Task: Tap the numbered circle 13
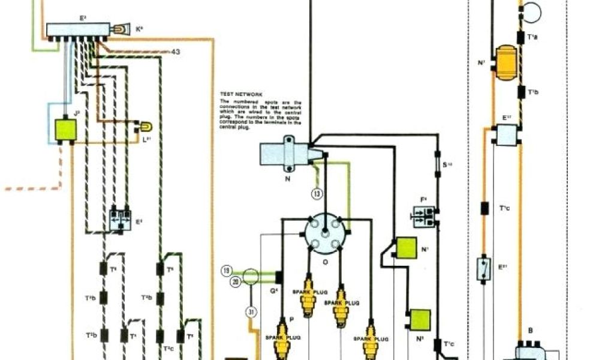(x=317, y=193)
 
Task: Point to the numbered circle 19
(x=226, y=271)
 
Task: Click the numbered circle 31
(x=250, y=311)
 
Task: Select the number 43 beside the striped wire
(x=176, y=52)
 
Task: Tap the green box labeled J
(x=65, y=129)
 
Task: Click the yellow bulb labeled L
(x=145, y=127)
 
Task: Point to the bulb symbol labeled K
(x=122, y=28)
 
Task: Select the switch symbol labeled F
(x=425, y=214)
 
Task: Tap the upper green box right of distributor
(x=407, y=248)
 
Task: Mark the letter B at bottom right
(x=530, y=330)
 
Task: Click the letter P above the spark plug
(x=291, y=320)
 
